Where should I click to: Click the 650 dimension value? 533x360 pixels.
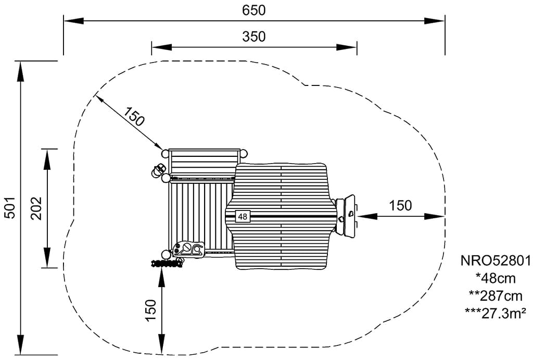click(x=253, y=10)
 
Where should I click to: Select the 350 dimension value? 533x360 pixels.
click(x=253, y=36)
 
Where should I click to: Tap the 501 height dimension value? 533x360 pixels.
click(x=10, y=207)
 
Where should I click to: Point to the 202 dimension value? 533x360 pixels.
click(x=36, y=208)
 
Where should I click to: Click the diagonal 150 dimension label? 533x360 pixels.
click(x=134, y=116)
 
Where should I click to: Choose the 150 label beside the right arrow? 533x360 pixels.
click(x=400, y=206)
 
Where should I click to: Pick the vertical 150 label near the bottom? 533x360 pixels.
click(x=150, y=310)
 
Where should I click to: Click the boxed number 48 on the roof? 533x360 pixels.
click(x=243, y=216)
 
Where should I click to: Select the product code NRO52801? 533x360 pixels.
click(x=496, y=260)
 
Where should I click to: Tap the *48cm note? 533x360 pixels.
click(x=496, y=278)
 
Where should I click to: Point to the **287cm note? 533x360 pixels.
click(x=496, y=296)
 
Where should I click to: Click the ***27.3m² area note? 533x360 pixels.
click(x=496, y=314)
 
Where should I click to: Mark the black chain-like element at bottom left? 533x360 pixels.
click(x=167, y=263)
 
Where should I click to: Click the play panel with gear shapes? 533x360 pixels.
click(x=188, y=249)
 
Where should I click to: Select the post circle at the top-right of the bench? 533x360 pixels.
click(x=243, y=153)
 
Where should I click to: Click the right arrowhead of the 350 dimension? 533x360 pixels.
click(x=346, y=47)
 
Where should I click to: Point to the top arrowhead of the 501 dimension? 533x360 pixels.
click(x=21, y=71)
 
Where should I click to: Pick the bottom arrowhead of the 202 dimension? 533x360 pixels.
click(x=47, y=258)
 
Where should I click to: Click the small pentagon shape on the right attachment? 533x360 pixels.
click(x=350, y=214)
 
